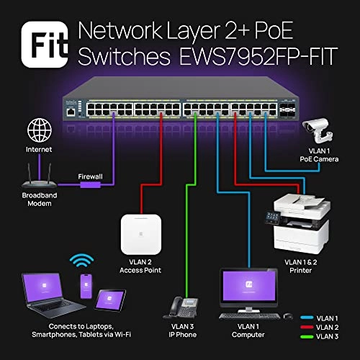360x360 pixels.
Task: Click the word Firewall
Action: coord(89,176)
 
